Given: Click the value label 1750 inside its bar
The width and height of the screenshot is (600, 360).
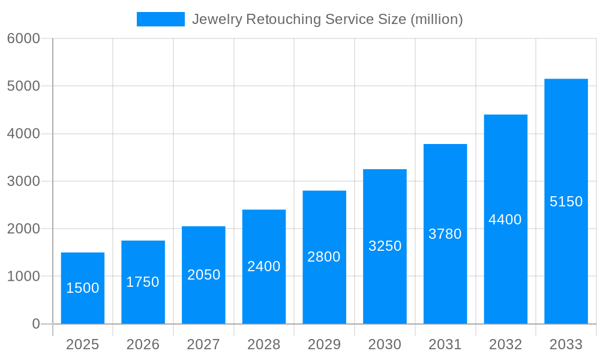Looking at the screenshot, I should click(x=143, y=282).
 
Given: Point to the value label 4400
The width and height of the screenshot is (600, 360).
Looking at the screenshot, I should click(x=505, y=220).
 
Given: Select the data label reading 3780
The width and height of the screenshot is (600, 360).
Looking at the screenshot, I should click(x=445, y=234).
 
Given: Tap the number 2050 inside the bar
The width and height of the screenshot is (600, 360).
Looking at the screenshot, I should click(x=204, y=275).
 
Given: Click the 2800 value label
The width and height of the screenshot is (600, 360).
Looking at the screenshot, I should click(x=324, y=257).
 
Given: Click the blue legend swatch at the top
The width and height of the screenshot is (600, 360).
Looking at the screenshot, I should click(x=161, y=19).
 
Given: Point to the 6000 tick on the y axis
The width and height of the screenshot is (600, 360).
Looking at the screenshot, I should click(x=23, y=38).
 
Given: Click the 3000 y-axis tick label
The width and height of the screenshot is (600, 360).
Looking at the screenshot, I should click(x=23, y=181).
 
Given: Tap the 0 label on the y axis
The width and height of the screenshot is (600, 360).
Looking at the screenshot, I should click(x=35, y=324).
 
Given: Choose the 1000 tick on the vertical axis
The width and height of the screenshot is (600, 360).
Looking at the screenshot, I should click(x=23, y=277).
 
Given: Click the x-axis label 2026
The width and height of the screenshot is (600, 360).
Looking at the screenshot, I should click(x=143, y=344).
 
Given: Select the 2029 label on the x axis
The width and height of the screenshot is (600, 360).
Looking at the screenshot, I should click(x=324, y=344).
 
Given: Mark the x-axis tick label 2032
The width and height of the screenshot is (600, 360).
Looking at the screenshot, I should click(x=505, y=344).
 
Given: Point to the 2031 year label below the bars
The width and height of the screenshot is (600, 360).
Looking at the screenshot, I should click(x=445, y=344).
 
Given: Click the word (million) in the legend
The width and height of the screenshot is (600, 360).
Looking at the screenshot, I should click(x=436, y=19).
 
